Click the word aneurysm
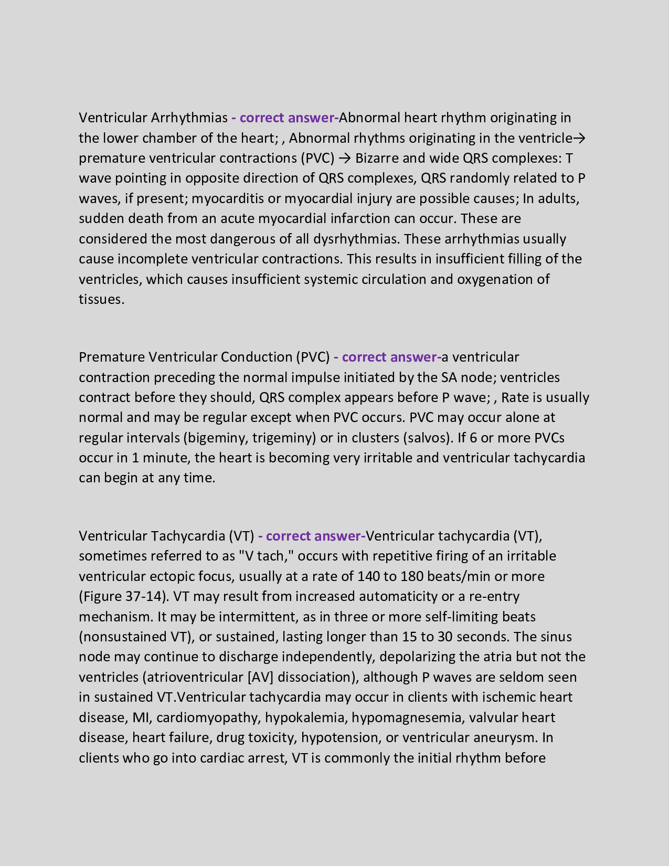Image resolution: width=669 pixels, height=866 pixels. click(505, 737)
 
